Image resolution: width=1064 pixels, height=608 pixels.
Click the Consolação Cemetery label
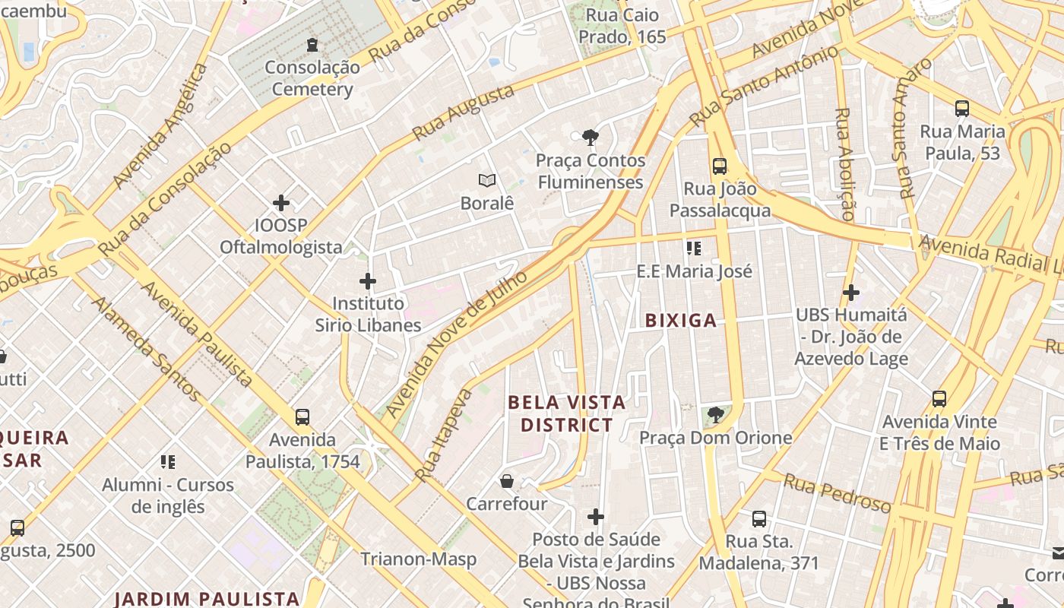[312, 78]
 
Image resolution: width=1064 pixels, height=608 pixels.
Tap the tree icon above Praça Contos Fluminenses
[590, 138]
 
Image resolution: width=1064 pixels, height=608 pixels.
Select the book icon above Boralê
[487, 181]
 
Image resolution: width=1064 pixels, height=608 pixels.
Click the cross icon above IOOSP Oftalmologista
[281, 203]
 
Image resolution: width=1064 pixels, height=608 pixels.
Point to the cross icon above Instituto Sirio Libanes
[368, 281]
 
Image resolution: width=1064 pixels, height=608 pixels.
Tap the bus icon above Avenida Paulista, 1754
[302, 416]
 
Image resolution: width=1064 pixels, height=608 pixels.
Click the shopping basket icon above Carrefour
[507, 481]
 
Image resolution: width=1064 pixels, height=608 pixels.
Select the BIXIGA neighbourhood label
[681, 321]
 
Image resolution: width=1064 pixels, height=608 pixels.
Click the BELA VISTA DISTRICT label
[567, 413]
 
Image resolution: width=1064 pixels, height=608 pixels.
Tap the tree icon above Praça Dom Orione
[715, 415]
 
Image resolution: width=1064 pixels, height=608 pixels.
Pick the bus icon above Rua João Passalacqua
[720, 166]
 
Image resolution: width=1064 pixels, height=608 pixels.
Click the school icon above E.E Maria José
[693, 248]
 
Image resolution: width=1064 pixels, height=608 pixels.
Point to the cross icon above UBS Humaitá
[851, 292]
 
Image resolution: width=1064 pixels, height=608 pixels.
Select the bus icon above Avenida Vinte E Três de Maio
[939, 398]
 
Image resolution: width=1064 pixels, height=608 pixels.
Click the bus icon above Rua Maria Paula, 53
[962, 109]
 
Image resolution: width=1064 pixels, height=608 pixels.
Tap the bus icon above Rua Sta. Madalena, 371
[759, 519]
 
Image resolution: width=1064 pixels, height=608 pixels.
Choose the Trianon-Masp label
[419, 559]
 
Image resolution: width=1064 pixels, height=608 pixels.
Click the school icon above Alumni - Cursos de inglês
[168, 461]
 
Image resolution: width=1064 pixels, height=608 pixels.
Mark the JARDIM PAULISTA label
[207, 598]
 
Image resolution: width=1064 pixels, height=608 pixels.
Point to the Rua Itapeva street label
[445, 435]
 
